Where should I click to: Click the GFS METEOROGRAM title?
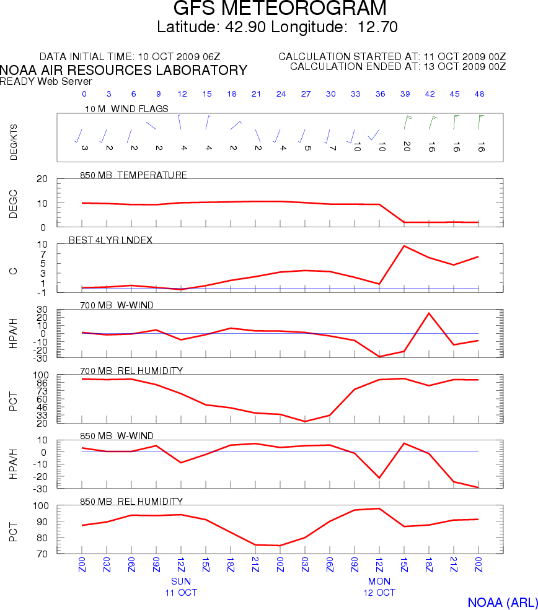click(280, 9)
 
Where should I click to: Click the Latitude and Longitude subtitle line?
click(277, 27)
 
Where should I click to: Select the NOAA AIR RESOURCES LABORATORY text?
click(124, 71)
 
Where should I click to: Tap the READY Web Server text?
click(46, 82)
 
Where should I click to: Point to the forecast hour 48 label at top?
click(478, 94)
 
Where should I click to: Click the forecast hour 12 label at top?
click(182, 94)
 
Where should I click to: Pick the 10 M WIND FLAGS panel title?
click(126, 109)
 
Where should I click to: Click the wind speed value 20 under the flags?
click(406, 146)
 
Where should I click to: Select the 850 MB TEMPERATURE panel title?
click(133, 175)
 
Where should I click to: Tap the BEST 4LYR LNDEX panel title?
click(115, 240)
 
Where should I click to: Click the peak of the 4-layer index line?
click(404, 246)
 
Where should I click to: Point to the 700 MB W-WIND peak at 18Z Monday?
click(429, 313)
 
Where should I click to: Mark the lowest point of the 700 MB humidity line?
click(305, 422)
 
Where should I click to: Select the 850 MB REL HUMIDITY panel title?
click(131, 501)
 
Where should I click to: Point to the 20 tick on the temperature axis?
click(42, 179)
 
